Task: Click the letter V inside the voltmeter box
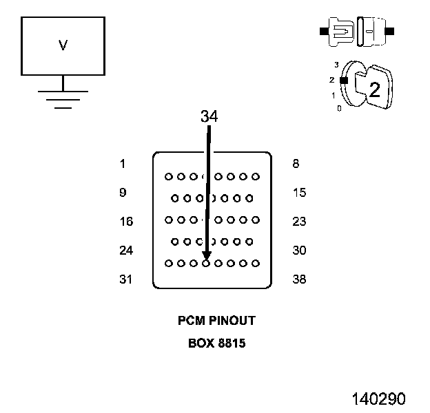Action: [63, 45]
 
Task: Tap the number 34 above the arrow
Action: [209, 116]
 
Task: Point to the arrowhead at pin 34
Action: [207, 255]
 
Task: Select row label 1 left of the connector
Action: [123, 164]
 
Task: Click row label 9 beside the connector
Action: [123, 193]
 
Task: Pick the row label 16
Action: [126, 221]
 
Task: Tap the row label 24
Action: [126, 251]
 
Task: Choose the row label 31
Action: [125, 279]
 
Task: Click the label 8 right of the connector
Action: [296, 164]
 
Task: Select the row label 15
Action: [300, 193]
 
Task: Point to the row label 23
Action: [299, 221]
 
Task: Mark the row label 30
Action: [299, 251]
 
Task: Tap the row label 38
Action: [299, 279]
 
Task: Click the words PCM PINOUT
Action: [216, 321]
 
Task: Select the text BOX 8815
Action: [216, 343]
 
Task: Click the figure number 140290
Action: [378, 399]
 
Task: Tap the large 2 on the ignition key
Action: [375, 89]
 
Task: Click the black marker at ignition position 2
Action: [344, 81]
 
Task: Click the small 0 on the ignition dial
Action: [339, 109]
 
